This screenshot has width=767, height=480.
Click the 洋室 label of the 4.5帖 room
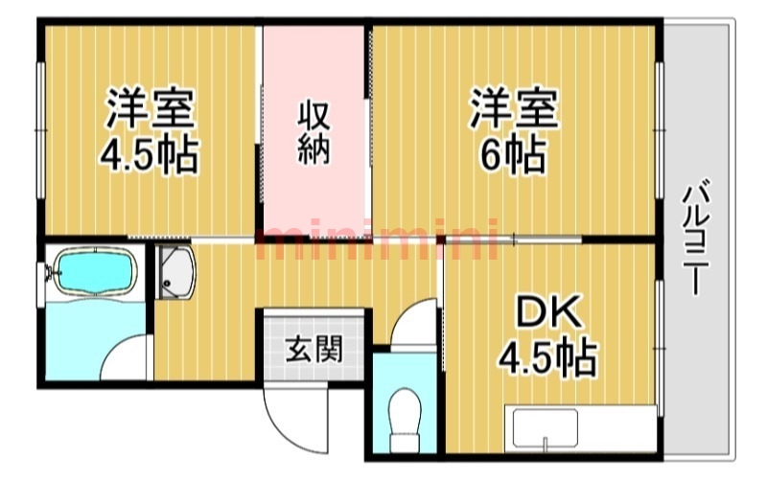click(x=151, y=107)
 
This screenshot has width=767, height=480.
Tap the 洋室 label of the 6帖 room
click(x=513, y=108)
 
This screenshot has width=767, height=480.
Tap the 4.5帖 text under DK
click(x=546, y=358)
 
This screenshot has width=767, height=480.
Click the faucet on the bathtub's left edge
click(x=48, y=272)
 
